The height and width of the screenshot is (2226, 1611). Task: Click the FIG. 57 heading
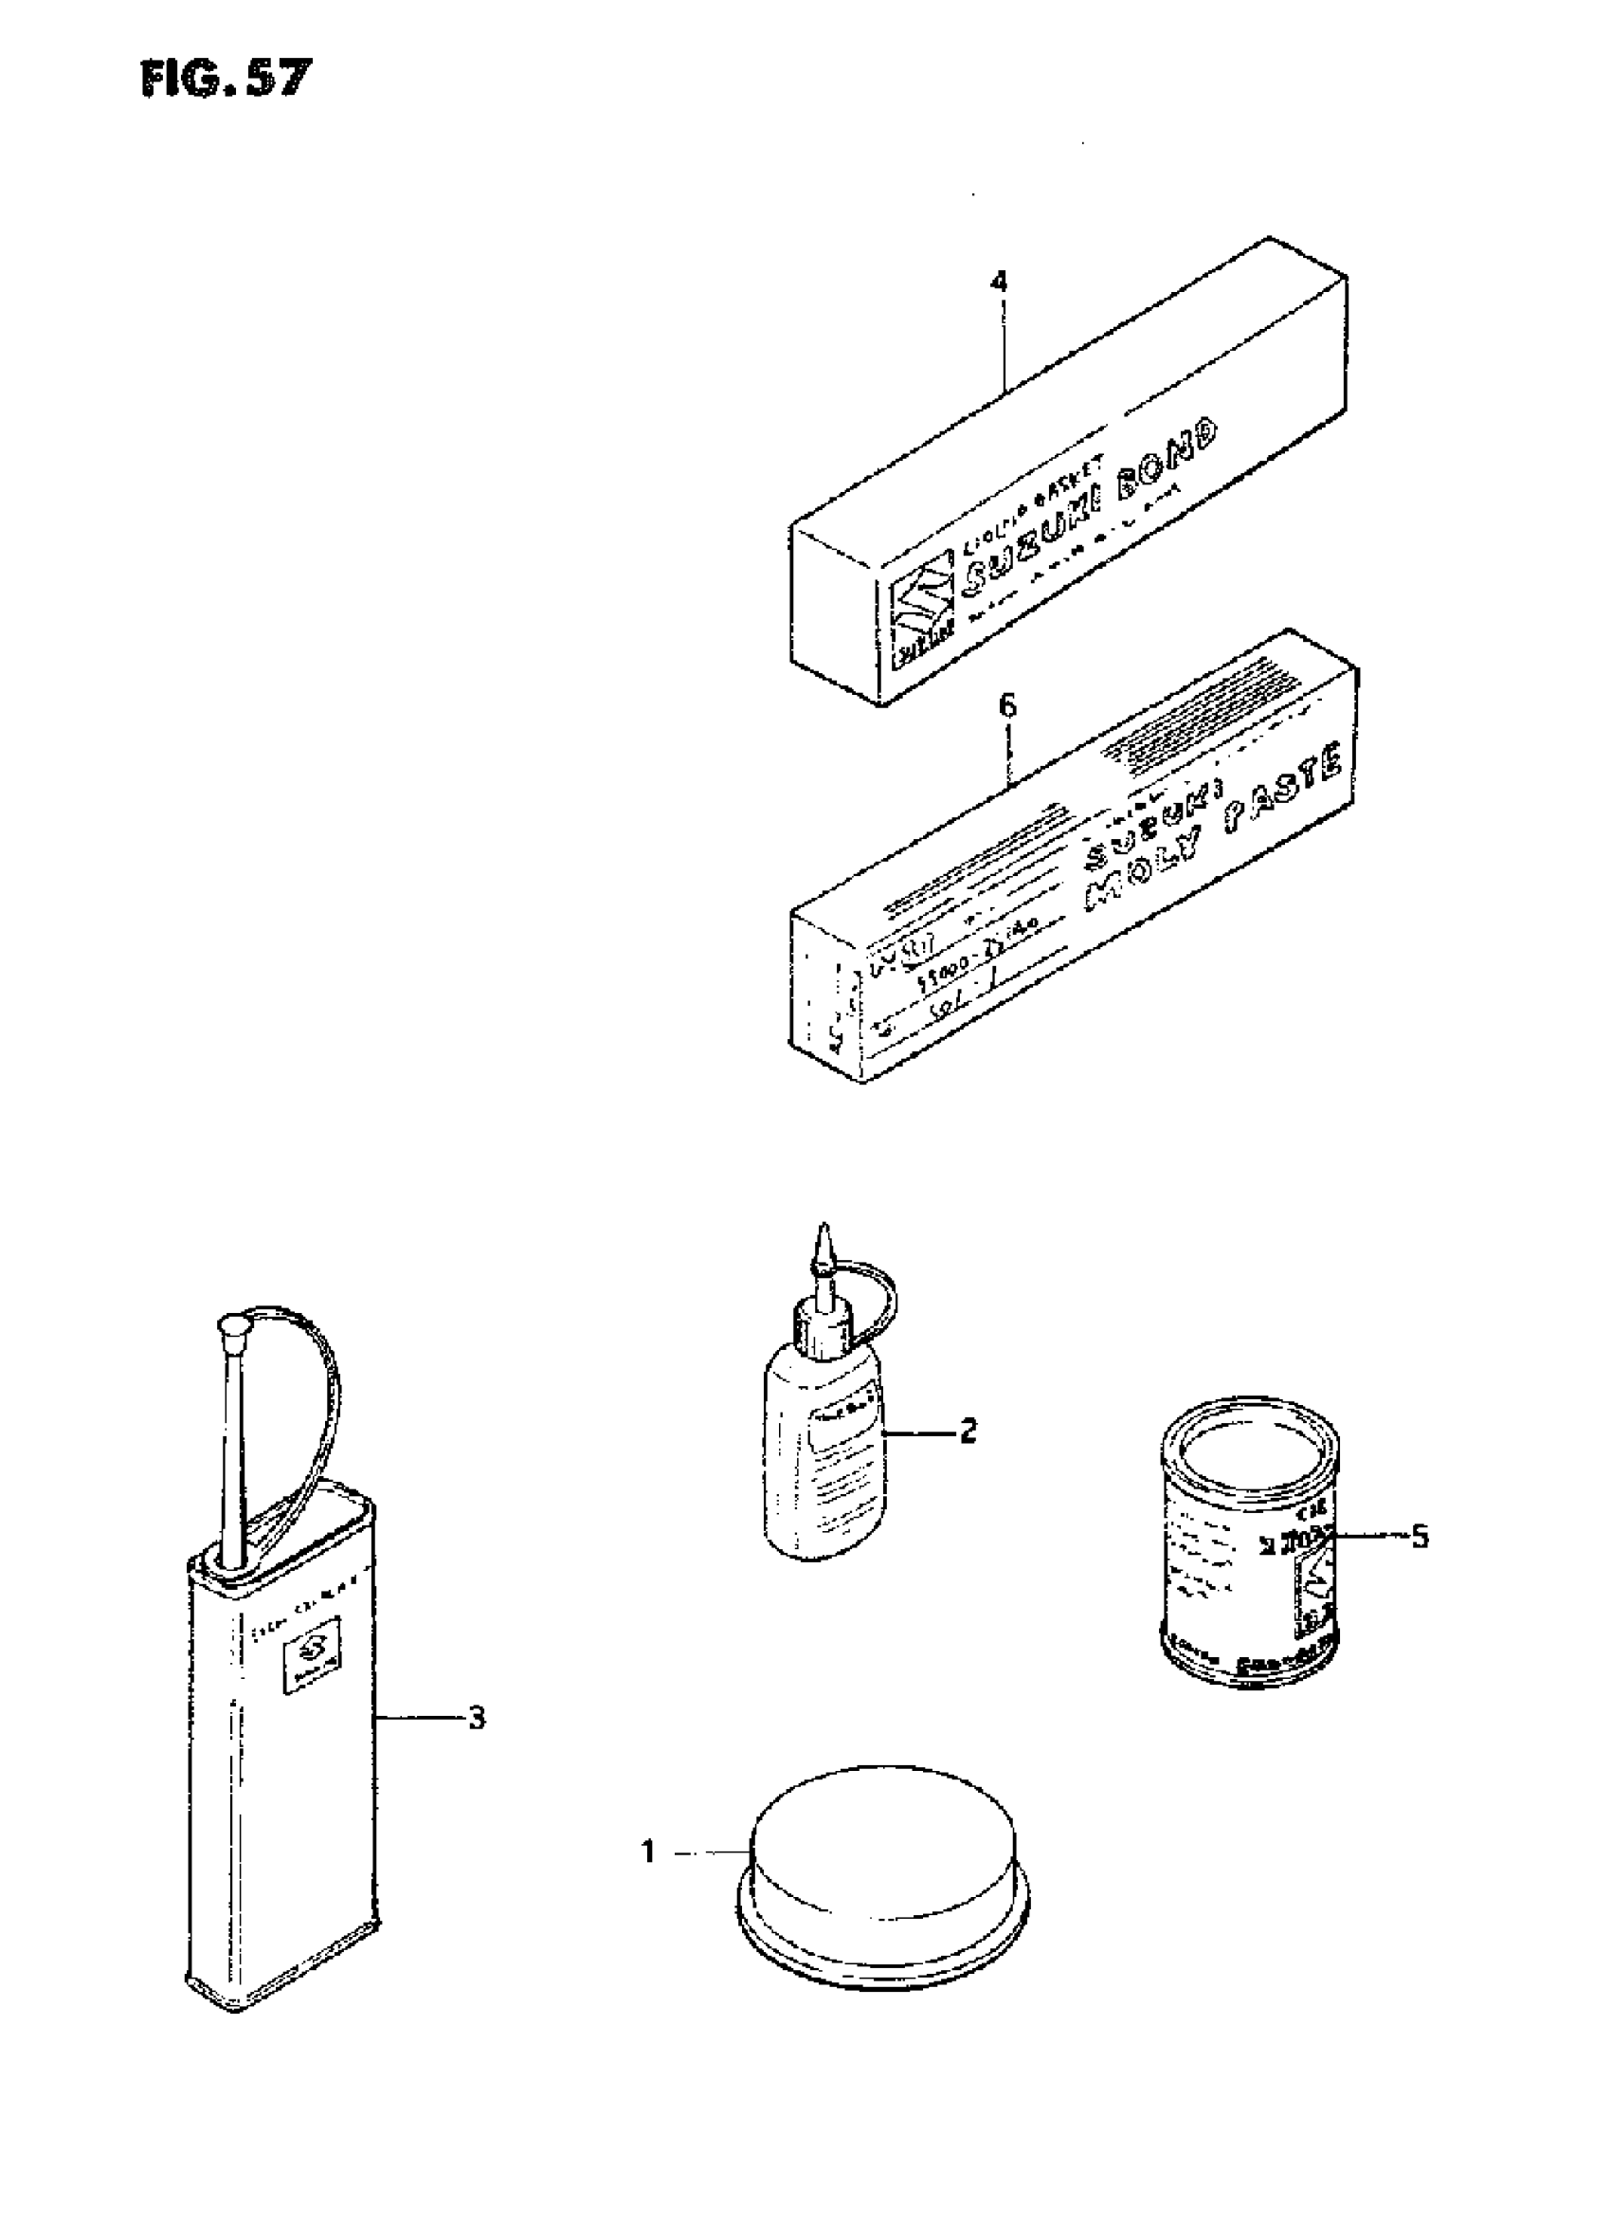pos(226,78)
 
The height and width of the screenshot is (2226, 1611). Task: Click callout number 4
pos(998,282)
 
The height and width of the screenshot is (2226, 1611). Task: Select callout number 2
pos(968,1431)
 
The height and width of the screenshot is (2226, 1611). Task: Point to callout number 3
pos(476,1718)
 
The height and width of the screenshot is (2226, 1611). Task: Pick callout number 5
pos(1419,1536)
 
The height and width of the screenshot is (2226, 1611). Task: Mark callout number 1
pos(647,1852)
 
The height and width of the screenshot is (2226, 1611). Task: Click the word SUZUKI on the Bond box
pos(1031,538)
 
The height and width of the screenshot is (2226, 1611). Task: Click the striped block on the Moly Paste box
pos(1177,735)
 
